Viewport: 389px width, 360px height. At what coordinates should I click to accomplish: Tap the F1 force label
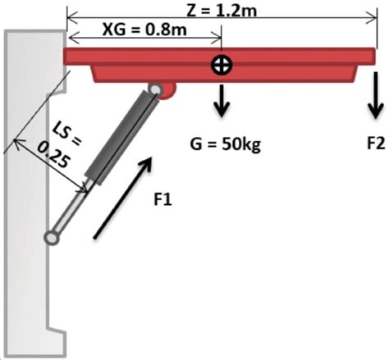[163, 198]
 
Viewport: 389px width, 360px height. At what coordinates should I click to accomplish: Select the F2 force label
[375, 144]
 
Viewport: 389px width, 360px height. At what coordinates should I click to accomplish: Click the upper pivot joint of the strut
[155, 89]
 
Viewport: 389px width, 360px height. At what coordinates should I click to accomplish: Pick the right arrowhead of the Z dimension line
[362, 16]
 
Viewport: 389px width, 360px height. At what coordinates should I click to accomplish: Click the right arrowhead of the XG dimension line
[217, 38]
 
